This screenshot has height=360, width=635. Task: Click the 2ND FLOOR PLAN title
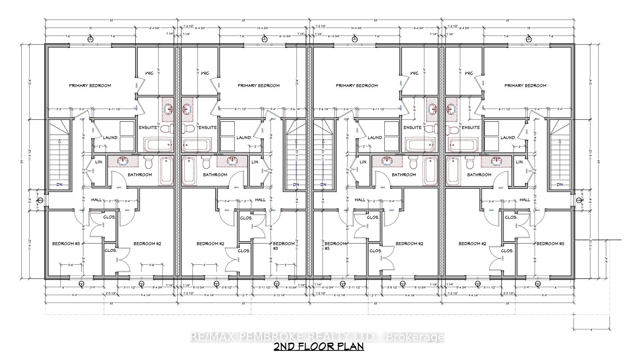[319, 347]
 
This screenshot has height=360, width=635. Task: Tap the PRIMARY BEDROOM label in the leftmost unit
[90, 85]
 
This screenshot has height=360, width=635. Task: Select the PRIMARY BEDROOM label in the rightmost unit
[525, 85]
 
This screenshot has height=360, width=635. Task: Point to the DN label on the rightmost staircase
[560, 185]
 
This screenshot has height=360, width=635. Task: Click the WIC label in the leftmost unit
[149, 73]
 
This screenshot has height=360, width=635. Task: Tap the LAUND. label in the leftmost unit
[110, 138]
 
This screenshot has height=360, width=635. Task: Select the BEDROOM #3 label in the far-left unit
[66, 244]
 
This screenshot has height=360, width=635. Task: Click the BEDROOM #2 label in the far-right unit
[472, 244]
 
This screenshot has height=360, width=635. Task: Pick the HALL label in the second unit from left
[260, 200]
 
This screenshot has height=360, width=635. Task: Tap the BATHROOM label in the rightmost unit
[479, 175]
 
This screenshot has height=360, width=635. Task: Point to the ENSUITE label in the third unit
[412, 128]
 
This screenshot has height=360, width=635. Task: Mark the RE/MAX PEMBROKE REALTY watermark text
[317, 337]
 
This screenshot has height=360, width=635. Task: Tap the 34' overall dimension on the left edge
[21, 161]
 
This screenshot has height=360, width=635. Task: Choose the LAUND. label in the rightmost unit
[508, 138]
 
